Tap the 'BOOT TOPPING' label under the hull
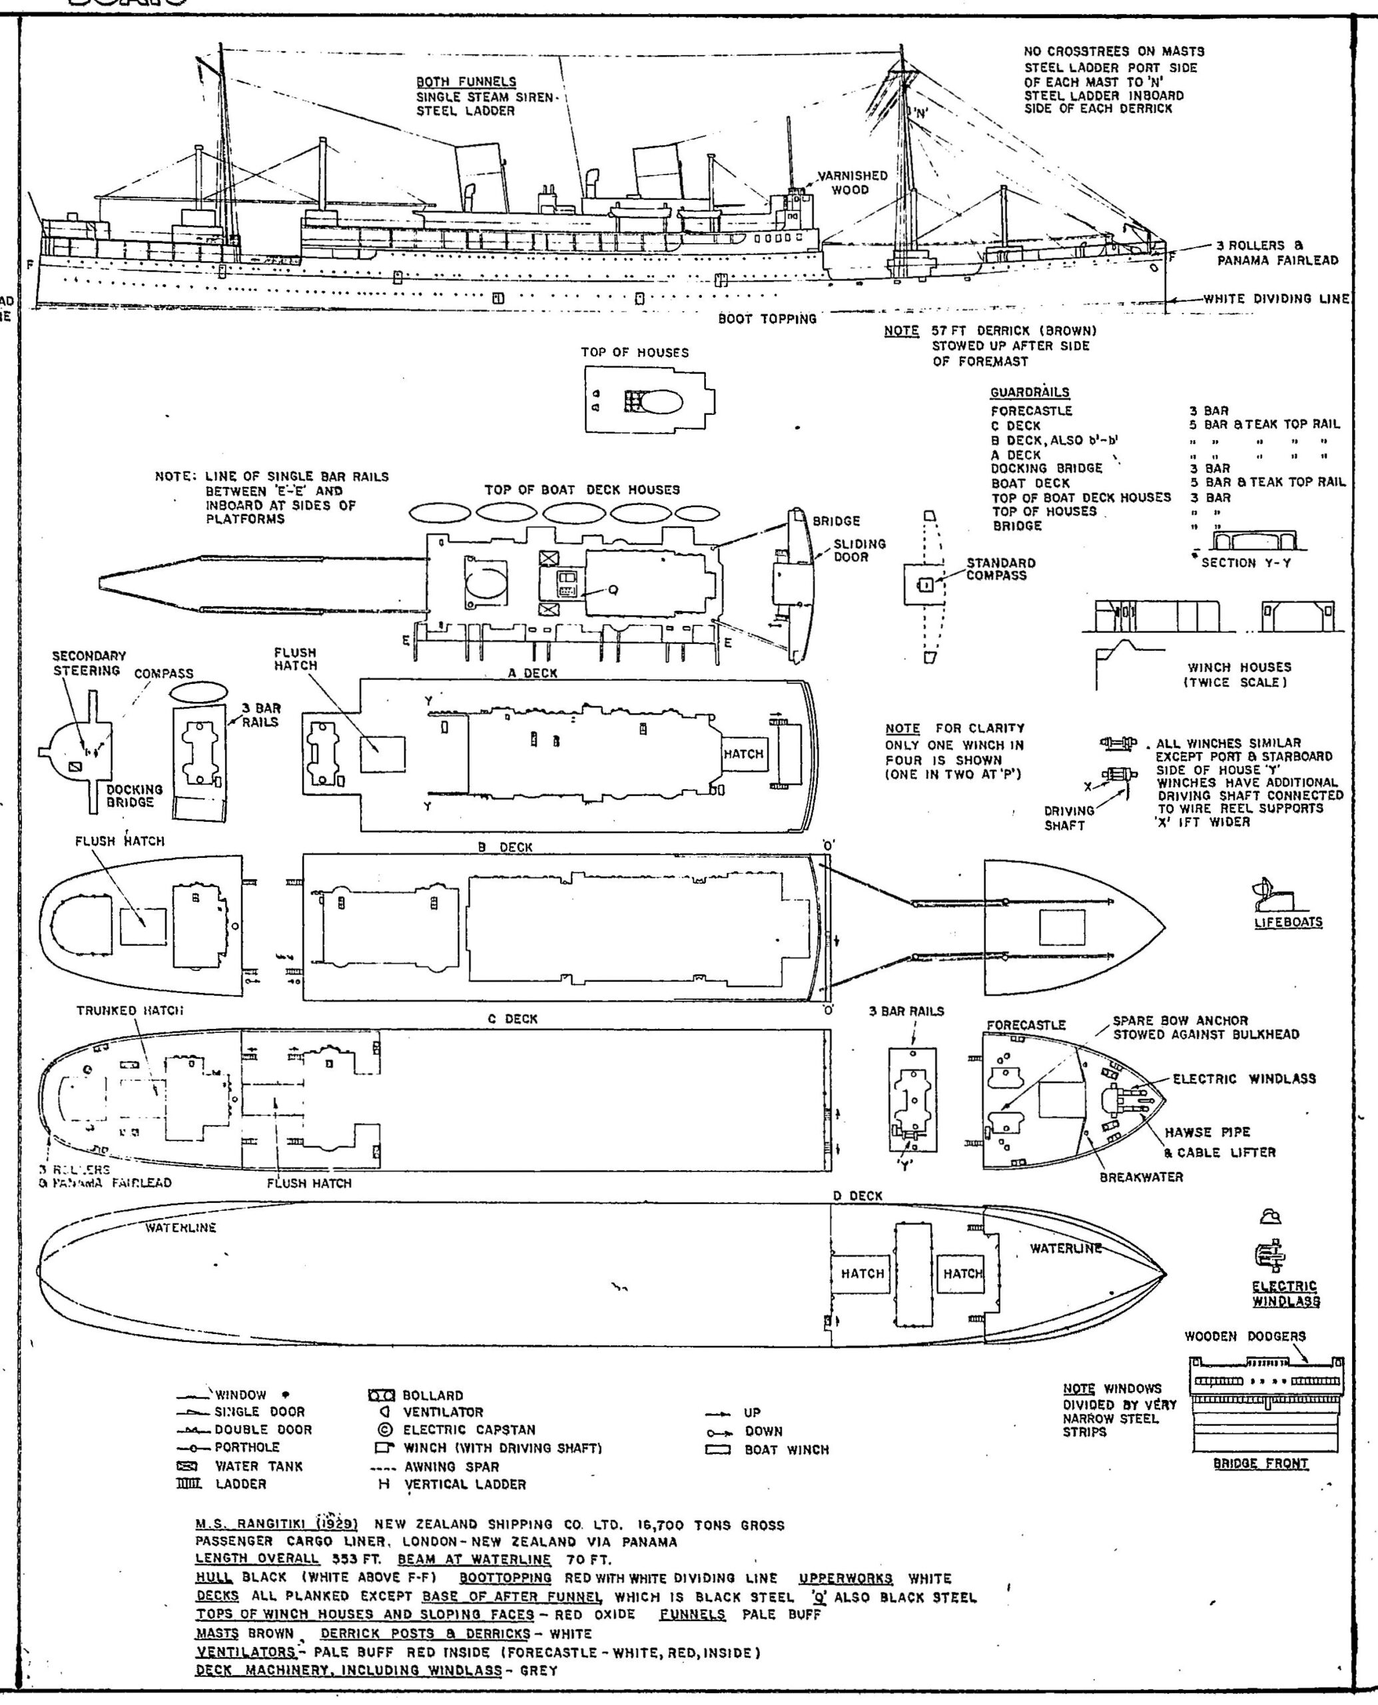coord(767,318)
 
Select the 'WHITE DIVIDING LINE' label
coord(1276,299)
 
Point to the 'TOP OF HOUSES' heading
coord(634,352)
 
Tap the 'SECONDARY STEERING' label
coord(89,663)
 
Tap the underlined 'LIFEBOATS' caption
coord(1287,922)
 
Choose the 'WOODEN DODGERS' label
coord(1245,1336)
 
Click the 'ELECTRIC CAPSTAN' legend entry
coord(468,1429)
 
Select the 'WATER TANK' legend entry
coord(258,1466)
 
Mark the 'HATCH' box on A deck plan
coord(743,754)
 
